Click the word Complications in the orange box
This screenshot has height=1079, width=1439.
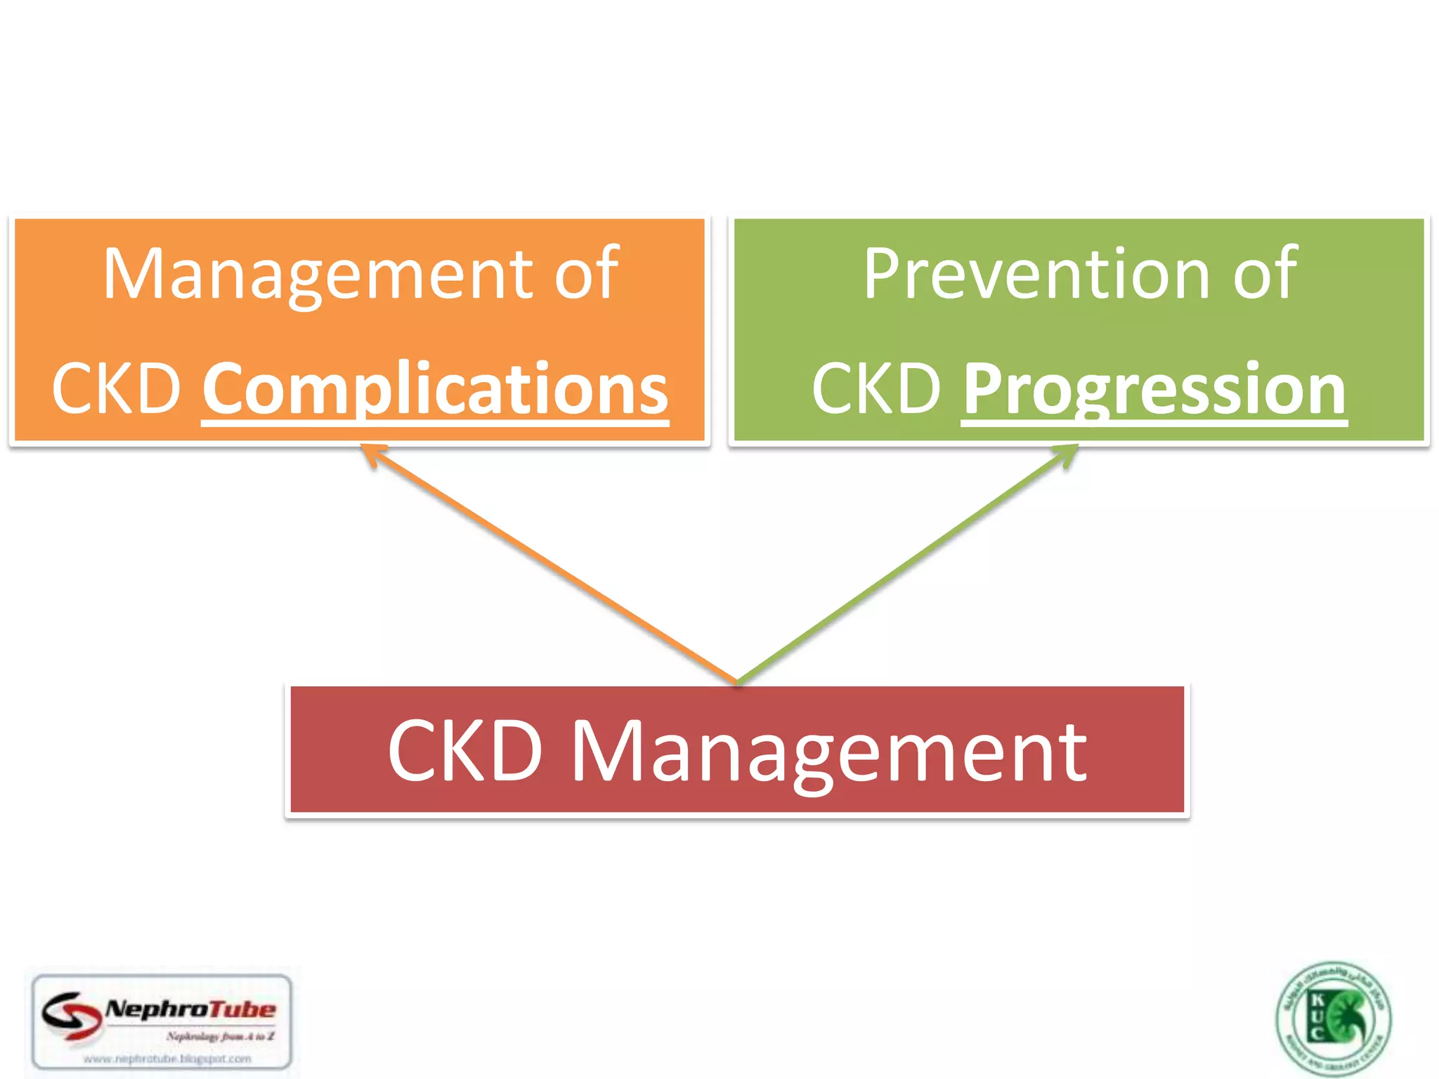(x=435, y=388)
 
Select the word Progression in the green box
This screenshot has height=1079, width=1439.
(x=1154, y=388)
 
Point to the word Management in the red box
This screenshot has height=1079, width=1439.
(x=829, y=752)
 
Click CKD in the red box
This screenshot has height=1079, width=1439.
(x=465, y=752)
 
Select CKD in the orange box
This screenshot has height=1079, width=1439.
(x=117, y=388)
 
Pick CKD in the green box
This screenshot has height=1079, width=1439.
(x=876, y=388)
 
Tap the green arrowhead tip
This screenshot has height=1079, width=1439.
(x=1076, y=446)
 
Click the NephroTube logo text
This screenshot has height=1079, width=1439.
(x=190, y=1009)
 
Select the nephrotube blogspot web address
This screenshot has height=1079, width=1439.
(x=167, y=1058)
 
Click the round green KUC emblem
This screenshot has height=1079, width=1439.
(x=1333, y=1019)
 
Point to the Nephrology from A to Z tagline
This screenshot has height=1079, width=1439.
(x=220, y=1036)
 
